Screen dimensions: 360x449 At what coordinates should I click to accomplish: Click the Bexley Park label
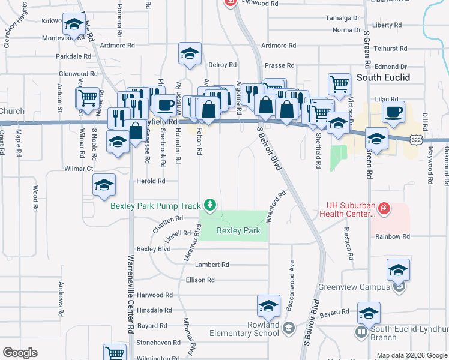[x=238, y=230]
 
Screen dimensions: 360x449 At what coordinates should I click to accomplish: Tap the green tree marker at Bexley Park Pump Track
[x=209, y=206]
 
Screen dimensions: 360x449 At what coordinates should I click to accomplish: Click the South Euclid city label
[x=383, y=77]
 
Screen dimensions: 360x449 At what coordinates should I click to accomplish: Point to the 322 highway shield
[x=415, y=139]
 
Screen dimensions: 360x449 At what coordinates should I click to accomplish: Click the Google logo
[x=20, y=353]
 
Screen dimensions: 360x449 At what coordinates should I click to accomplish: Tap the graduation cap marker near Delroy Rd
[x=190, y=55]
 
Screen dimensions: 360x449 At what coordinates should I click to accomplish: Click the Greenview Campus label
[x=354, y=287]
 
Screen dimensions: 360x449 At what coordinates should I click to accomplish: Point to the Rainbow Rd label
[x=393, y=236]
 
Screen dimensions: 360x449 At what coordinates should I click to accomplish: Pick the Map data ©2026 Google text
[x=412, y=355]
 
